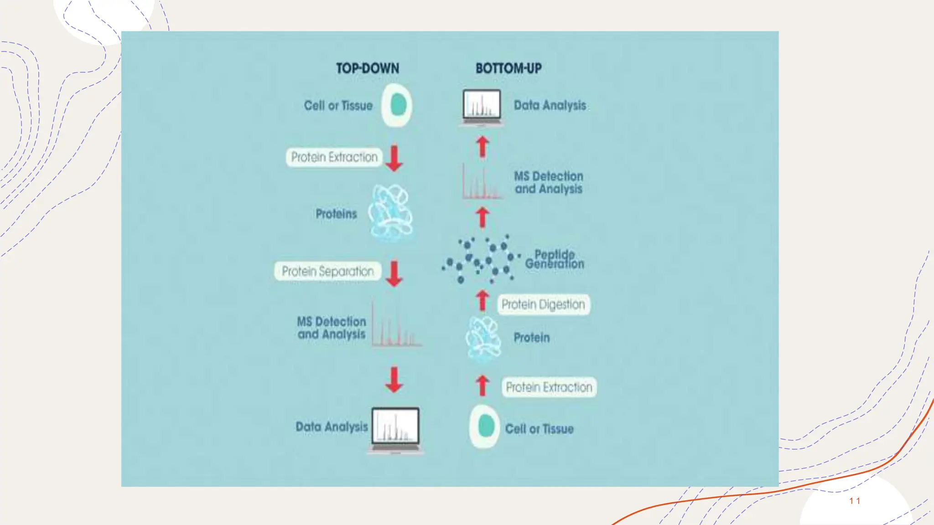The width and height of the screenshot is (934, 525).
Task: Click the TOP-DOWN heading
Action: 368,68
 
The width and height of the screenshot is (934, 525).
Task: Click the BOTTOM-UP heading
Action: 509,68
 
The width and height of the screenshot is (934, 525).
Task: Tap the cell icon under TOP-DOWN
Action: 397,105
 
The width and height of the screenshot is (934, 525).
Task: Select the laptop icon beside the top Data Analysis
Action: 482,108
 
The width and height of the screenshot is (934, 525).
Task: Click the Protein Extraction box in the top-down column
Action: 334,157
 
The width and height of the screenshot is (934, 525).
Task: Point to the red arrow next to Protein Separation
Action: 394,273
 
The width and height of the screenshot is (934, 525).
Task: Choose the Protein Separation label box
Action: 328,271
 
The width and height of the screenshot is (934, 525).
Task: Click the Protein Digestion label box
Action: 543,304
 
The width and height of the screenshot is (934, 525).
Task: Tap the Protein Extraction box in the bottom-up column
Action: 549,387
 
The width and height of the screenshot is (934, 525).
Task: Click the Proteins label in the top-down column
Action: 336,214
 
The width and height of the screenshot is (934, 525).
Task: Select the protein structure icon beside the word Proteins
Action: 391,212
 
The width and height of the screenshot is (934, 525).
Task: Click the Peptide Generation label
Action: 555,259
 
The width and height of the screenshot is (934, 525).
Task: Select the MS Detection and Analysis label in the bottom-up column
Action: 549,182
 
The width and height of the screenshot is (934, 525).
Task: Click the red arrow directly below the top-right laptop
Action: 483,147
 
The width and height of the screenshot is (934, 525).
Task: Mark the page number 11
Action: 855,501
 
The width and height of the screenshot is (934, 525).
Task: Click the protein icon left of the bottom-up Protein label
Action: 483,338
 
